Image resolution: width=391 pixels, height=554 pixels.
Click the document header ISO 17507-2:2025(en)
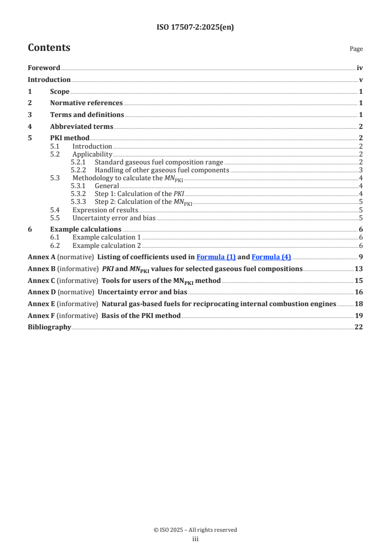195,28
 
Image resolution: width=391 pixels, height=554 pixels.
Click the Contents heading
49,48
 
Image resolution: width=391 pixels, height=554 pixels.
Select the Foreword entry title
44,68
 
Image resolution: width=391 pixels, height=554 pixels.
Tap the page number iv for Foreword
360,68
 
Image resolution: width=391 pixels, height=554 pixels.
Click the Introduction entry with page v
49,80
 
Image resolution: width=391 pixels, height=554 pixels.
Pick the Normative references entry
86,103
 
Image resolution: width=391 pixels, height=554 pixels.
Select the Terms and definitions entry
87,115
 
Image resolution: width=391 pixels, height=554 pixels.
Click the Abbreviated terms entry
81,127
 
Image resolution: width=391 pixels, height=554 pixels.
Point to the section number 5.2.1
78,162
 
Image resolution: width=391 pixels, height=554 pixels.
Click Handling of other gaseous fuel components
162,170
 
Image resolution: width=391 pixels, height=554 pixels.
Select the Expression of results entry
105,210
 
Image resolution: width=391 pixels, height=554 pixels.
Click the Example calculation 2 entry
107,245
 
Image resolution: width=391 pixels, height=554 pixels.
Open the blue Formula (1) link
216,257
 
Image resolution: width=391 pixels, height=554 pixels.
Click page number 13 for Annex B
359,269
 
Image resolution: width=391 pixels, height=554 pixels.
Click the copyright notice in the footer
195,530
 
